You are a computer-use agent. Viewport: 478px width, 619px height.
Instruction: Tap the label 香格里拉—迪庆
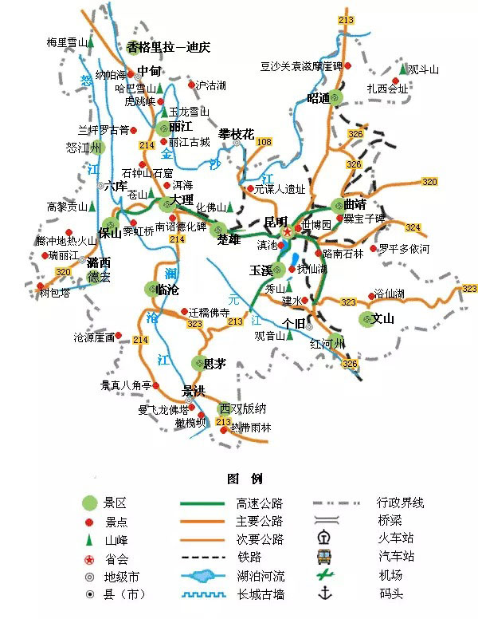point(168,47)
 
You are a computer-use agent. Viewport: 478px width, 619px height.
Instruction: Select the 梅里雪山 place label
point(66,42)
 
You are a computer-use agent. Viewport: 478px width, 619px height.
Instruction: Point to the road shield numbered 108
point(264,142)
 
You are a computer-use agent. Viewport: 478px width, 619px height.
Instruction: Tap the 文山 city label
point(384,319)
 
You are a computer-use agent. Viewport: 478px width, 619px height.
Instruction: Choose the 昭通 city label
point(318,98)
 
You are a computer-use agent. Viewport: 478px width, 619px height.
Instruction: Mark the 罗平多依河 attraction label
point(403,249)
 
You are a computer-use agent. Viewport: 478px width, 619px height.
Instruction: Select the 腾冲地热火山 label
point(65,241)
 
